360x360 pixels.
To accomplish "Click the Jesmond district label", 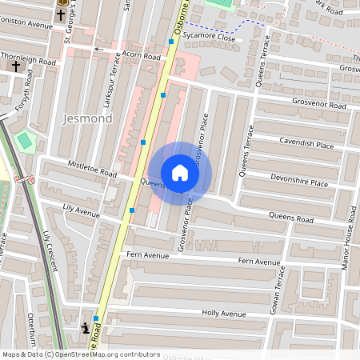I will point(87,119).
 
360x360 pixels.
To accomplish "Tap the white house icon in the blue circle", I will point(180,173).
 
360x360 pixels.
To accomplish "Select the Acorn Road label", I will point(141,56).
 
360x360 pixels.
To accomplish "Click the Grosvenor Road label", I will point(318,106).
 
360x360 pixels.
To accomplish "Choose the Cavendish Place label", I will point(306,143).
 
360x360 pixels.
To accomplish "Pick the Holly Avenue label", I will point(224,314).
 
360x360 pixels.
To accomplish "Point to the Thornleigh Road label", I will point(29,60).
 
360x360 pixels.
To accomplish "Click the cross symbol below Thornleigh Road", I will point(16,66).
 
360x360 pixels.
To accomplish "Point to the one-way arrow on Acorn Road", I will point(99,50).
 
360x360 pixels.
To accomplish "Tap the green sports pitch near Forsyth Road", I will point(26,141).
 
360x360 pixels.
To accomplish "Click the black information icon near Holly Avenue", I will point(85,327).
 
